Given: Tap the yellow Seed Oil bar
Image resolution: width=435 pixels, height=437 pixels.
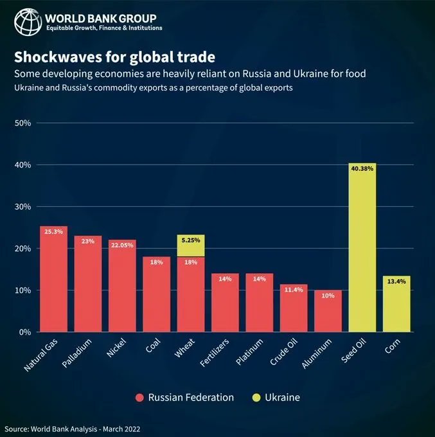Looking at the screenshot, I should pyautogui.click(x=362, y=251).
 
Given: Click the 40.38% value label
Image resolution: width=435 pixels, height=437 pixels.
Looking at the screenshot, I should pyautogui.click(x=362, y=169).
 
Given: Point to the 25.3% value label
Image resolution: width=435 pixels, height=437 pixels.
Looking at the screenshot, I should pyautogui.click(x=53, y=231).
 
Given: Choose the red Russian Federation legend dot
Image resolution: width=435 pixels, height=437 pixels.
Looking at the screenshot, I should pyautogui.click(x=139, y=398).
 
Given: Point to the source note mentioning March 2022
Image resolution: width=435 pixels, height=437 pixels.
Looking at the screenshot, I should pyautogui.click(x=72, y=429).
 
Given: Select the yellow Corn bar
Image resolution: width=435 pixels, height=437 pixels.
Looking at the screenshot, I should pyautogui.click(x=396, y=305).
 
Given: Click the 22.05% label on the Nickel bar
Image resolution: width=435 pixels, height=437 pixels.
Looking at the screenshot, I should pyautogui.click(x=122, y=245).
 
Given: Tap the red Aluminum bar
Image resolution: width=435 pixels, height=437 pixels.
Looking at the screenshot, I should pyautogui.click(x=328, y=312).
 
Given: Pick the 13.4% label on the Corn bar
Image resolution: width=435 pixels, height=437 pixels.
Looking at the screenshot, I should pyautogui.click(x=396, y=281).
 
